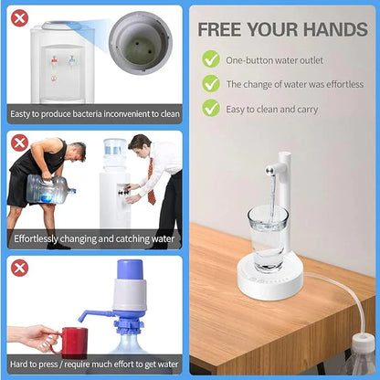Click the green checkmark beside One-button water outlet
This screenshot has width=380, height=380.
click(211, 59)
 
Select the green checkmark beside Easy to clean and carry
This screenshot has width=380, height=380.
click(211, 109)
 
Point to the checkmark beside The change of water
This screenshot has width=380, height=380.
click(211, 84)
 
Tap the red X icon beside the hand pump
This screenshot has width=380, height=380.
click(19, 268)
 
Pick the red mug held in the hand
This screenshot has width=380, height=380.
click(69, 342)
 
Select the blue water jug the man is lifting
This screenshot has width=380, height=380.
click(47, 190)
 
